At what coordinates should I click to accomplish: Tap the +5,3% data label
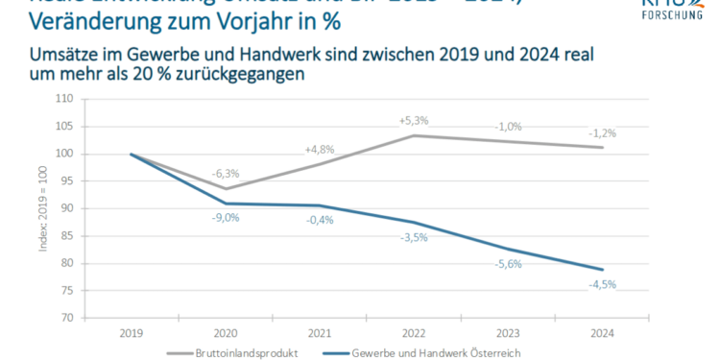tap(415, 121)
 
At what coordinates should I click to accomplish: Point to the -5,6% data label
tap(508, 264)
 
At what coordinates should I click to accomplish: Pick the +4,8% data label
tap(320, 150)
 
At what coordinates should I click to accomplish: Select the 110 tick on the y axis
tap(64, 99)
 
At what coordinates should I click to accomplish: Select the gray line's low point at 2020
tap(226, 188)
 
